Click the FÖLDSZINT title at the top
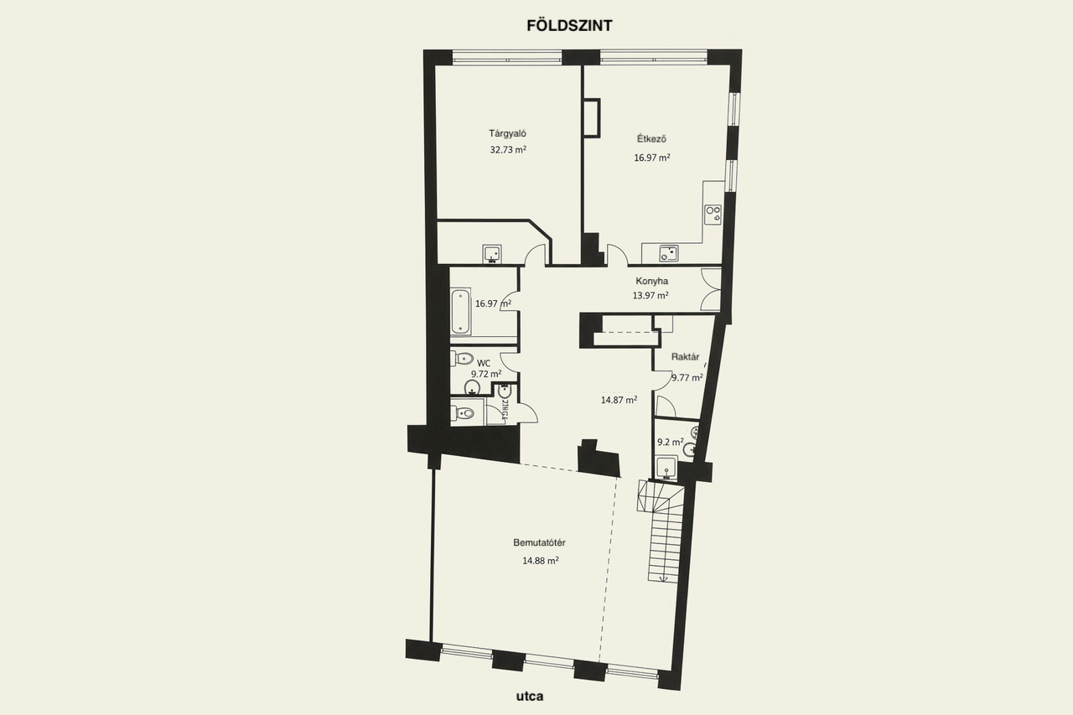(x=569, y=25)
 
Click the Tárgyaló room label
(x=507, y=132)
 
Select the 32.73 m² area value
(x=508, y=150)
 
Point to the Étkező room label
(x=651, y=139)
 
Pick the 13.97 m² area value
(x=651, y=295)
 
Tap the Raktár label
(x=685, y=356)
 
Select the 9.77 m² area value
(x=687, y=377)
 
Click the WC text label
(x=484, y=363)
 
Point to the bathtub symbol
(x=460, y=311)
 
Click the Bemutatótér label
(x=539, y=542)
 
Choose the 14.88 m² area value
(x=540, y=561)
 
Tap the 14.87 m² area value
(x=619, y=400)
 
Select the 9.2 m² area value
(x=670, y=442)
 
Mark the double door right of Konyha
(x=711, y=289)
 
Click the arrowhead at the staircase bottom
(x=662, y=578)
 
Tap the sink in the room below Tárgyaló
(x=491, y=253)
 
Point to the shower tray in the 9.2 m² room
(x=666, y=467)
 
